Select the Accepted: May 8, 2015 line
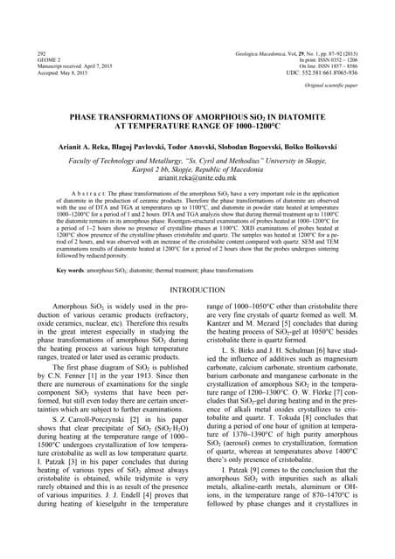click(64, 74)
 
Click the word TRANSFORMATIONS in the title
click(158, 114)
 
